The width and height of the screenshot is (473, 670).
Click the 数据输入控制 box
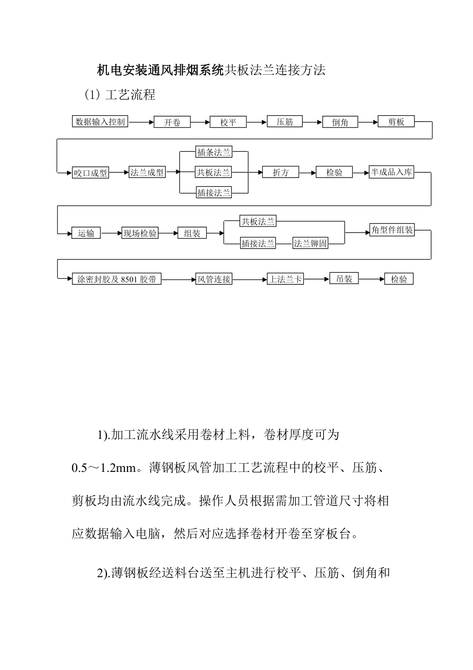tap(100, 122)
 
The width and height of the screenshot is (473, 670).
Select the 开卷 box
tap(172, 122)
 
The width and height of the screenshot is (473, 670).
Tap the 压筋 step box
tap(285, 122)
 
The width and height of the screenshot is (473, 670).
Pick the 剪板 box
tap(396, 122)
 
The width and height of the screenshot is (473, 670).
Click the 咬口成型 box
tap(90, 173)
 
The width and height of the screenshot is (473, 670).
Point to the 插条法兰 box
tap(214, 152)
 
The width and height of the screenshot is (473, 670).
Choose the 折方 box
tap(281, 173)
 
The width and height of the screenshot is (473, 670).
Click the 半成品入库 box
tap(392, 172)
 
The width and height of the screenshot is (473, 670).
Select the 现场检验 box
tap(140, 233)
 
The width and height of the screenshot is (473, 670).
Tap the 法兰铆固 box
tap(311, 243)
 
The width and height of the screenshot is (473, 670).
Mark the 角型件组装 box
tap(392, 230)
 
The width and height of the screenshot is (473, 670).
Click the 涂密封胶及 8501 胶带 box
tap(117, 279)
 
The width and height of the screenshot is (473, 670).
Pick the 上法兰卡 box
tap(285, 279)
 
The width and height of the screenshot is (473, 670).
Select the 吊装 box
tap(344, 279)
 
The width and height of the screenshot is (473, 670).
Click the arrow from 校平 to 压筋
tap(257, 122)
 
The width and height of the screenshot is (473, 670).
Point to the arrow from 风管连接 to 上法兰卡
tap(249, 279)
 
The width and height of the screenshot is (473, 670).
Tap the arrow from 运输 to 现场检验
tap(111, 233)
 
